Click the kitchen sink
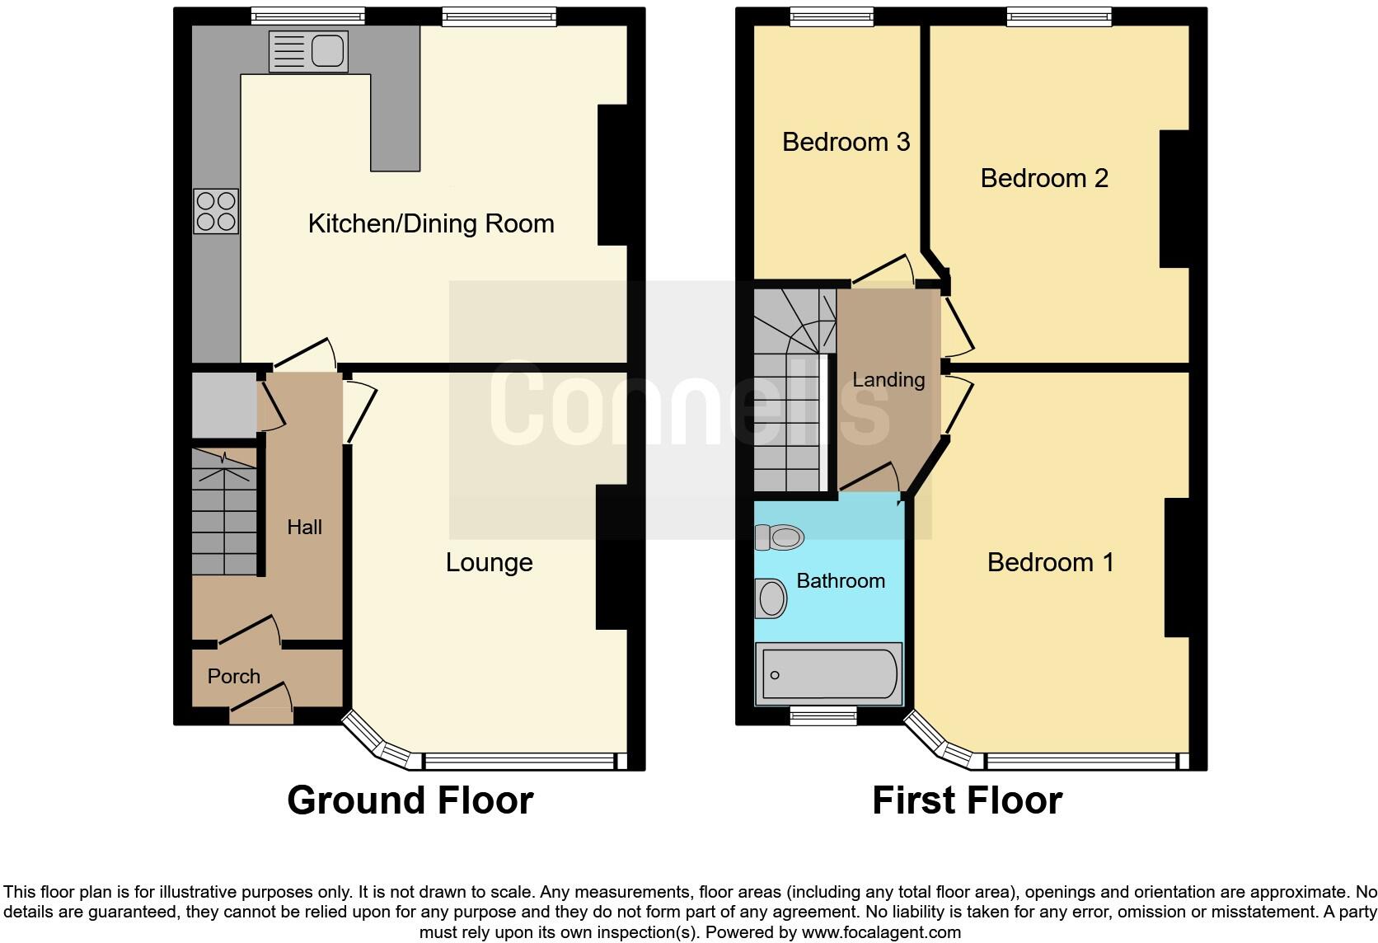307,51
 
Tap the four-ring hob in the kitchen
216,211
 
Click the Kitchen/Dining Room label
430,223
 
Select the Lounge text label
489,562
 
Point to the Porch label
233,676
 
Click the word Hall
304,527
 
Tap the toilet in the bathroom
779,537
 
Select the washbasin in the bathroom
771,598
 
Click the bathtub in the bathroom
829,675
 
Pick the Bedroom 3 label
846,142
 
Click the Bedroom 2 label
1043,178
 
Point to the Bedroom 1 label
1050,562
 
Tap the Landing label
888,380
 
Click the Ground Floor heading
410,800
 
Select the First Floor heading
967,800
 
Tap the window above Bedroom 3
832,16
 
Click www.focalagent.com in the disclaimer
880,932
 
